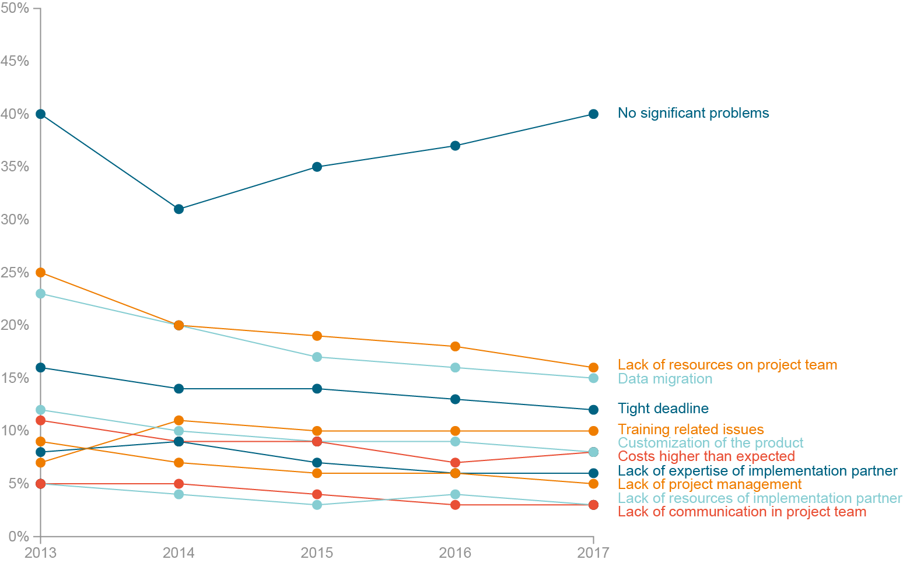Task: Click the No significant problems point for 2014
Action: [x=178, y=209]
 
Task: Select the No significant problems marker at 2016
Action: [x=455, y=146]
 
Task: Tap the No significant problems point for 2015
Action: [x=317, y=167]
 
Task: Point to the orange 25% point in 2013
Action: [x=41, y=273]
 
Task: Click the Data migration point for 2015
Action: [x=317, y=357]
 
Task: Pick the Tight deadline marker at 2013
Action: [x=41, y=368]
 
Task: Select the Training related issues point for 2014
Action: [x=178, y=420]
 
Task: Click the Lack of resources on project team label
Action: [x=727, y=365]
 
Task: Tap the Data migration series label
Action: [x=665, y=379]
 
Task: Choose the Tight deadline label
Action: [x=663, y=409]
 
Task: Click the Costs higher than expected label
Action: [x=706, y=456]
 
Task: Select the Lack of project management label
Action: [x=709, y=484]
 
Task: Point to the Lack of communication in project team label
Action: [x=742, y=512]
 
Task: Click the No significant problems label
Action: [x=694, y=113]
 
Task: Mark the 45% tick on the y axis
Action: [x=37, y=61]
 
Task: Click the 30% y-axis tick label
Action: [x=15, y=220]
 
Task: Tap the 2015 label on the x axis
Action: [x=317, y=553]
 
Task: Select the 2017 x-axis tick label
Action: [x=593, y=553]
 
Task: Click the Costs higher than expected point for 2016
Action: [x=455, y=463]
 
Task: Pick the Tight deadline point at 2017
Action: [x=593, y=410]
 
